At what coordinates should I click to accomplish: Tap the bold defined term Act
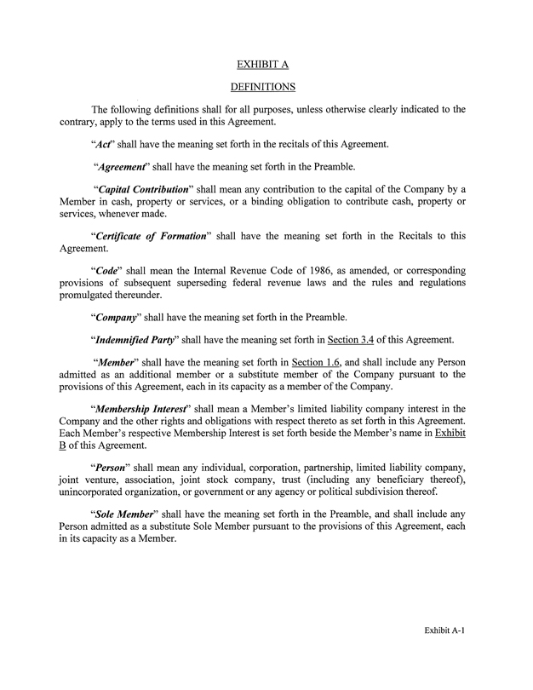(104, 144)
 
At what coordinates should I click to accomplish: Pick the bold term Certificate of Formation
(150, 236)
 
